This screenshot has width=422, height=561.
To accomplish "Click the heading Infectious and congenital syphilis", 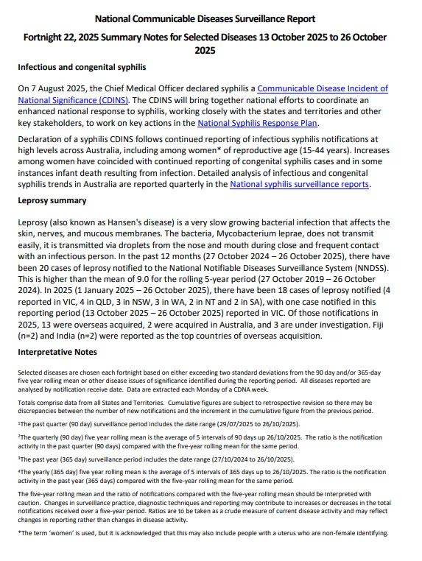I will click(82, 68).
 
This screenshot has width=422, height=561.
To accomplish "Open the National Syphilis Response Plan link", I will click(259, 124).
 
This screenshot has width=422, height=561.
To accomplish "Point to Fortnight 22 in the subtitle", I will click(54, 37).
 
